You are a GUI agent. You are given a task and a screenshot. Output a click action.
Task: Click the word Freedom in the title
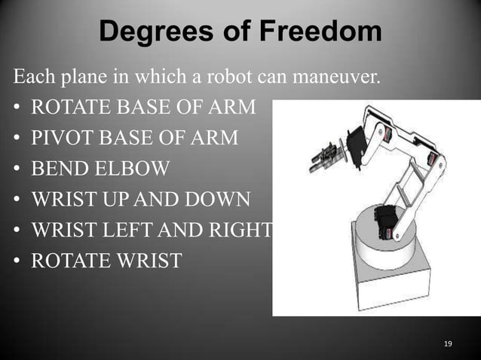click(x=321, y=32)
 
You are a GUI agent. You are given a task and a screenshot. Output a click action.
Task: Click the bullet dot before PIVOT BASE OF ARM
click(x=16, y=139)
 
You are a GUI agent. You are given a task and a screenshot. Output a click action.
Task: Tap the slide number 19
click(x=448, y=344)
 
